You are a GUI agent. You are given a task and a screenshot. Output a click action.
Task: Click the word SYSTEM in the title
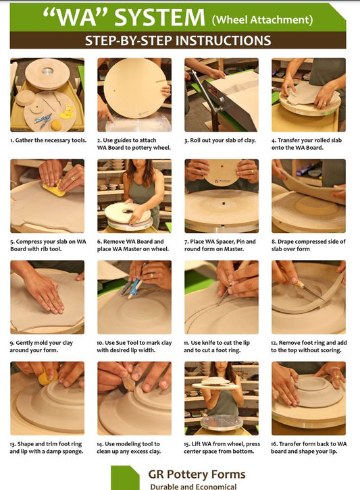coord(159,17)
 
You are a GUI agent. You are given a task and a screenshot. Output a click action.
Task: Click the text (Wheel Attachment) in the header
coord(263,20)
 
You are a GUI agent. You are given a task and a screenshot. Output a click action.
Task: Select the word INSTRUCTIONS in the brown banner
coord(223,40)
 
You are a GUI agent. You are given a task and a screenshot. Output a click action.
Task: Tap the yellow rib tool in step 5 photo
coord(55,189)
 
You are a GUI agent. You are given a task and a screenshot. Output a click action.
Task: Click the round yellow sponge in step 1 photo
coord(56,125)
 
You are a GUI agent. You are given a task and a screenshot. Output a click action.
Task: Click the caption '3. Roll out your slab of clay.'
coord(220,140)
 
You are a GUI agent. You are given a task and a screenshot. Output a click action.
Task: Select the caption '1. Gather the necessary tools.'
coord(48,140)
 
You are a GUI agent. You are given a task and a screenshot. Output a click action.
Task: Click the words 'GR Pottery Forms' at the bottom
coord(197,474)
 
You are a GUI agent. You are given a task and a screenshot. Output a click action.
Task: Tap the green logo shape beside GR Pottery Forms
coord(124,478)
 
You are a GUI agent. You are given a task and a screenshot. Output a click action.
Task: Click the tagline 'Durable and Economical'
coord(193,487)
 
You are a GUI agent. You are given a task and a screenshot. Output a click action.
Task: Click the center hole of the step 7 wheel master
coord(224,203)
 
